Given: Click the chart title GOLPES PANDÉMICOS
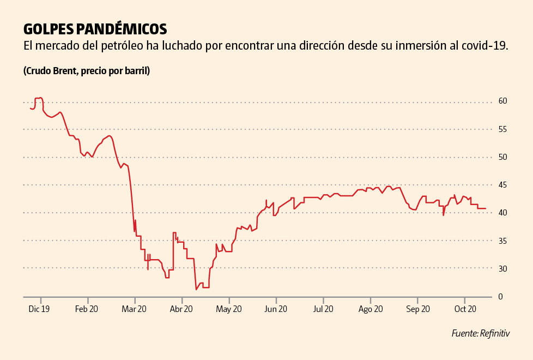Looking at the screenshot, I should [95, 28].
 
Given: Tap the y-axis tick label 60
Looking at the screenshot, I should [502, 101].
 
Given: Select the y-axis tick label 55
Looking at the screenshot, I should [502, 129].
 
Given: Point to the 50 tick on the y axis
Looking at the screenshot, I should [502, 157].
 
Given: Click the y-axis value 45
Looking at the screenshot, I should [502, 185].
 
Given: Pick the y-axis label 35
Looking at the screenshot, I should [502, 241].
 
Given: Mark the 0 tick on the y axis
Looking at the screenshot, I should [501, 297].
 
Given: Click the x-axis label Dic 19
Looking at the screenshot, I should [39, 309].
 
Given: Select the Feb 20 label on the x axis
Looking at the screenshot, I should [86, 309].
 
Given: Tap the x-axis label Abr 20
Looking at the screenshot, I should [181, 309].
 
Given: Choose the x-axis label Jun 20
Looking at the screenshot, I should [276, 309].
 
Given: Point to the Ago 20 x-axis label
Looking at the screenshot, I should [370, 309].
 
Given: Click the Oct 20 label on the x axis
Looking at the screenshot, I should [465, 309].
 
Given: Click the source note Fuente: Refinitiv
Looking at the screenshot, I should [480, 333].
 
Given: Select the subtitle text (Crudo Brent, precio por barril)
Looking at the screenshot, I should [87, 71].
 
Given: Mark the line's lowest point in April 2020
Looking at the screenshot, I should [196, 289].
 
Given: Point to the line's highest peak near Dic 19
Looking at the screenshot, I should [40, 98].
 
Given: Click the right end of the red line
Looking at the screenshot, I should [486, 209].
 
